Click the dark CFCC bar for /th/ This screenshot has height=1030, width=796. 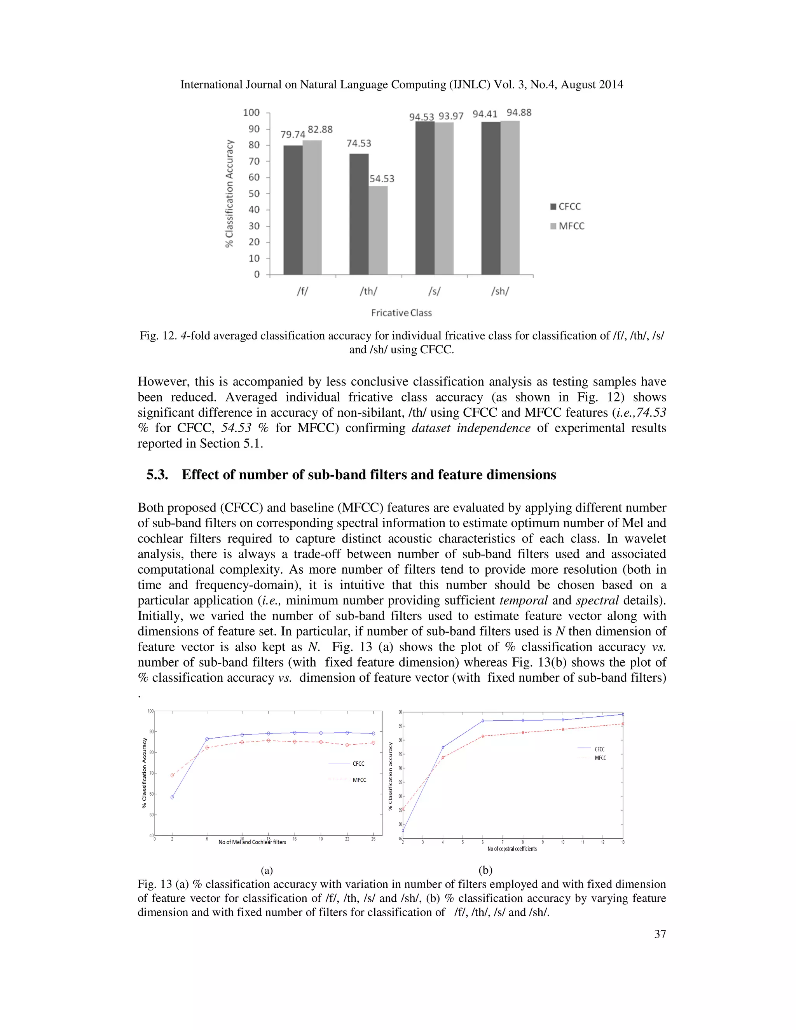point(359,214)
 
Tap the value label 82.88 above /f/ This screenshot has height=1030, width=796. point(320,129)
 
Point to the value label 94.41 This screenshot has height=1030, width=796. point(485,114)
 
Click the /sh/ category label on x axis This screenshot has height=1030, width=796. point(500,292)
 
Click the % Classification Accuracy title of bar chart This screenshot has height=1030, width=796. point(230,193)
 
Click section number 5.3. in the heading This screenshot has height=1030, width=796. point(157,475)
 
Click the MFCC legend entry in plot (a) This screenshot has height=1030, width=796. point(359,780)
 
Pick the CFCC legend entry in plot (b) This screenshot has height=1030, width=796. point(599,749)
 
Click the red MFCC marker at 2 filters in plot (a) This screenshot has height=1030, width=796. point(172,775)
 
